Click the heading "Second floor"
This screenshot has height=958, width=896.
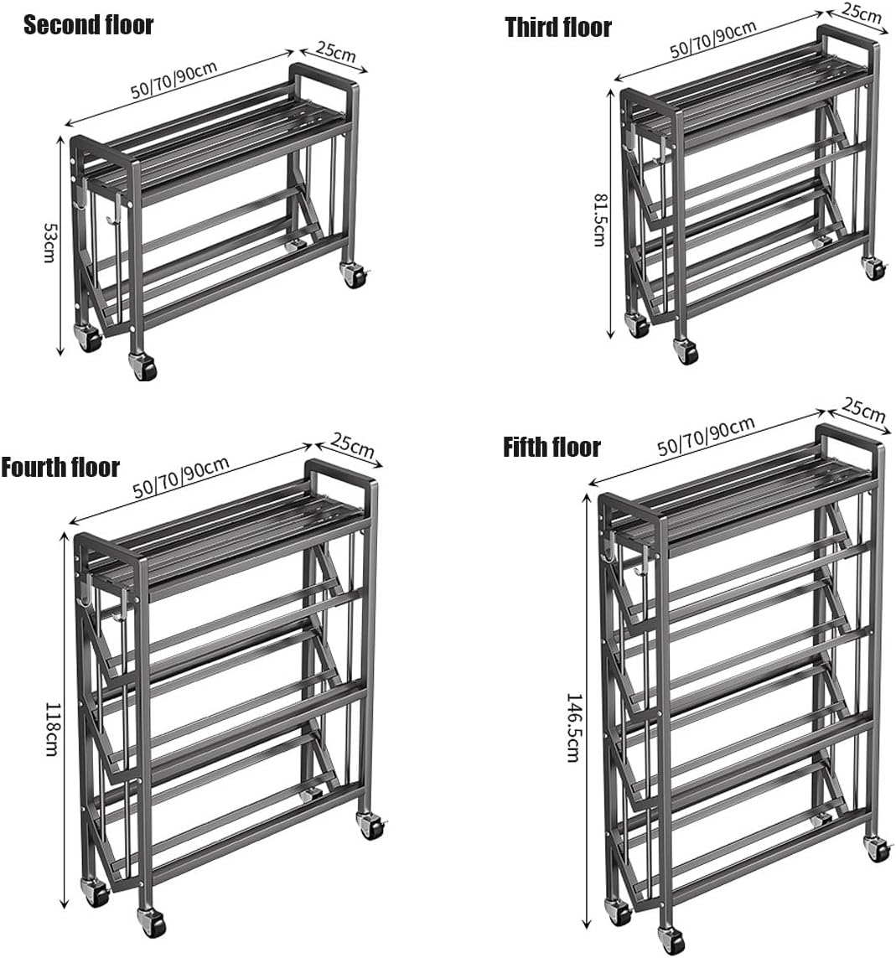pos(88,25)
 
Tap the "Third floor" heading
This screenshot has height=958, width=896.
pos(558,28)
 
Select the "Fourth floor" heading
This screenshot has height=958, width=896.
pos(60,467)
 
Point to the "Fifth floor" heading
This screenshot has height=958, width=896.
pos(552,447)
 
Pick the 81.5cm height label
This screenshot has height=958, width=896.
pos(598,220)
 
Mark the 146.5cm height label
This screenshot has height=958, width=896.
pos(573,727)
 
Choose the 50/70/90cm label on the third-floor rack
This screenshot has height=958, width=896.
pos(713,39)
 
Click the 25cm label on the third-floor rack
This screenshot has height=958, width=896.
pos(862,13)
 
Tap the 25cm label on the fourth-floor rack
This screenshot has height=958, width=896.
pos(353,447)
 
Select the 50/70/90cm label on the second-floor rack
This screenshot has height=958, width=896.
pos(174,80)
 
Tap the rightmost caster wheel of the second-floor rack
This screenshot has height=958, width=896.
pos(354,274)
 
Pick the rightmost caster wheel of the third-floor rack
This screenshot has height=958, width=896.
pos(874,267)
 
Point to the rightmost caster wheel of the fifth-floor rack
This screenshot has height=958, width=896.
pos(878,848)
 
